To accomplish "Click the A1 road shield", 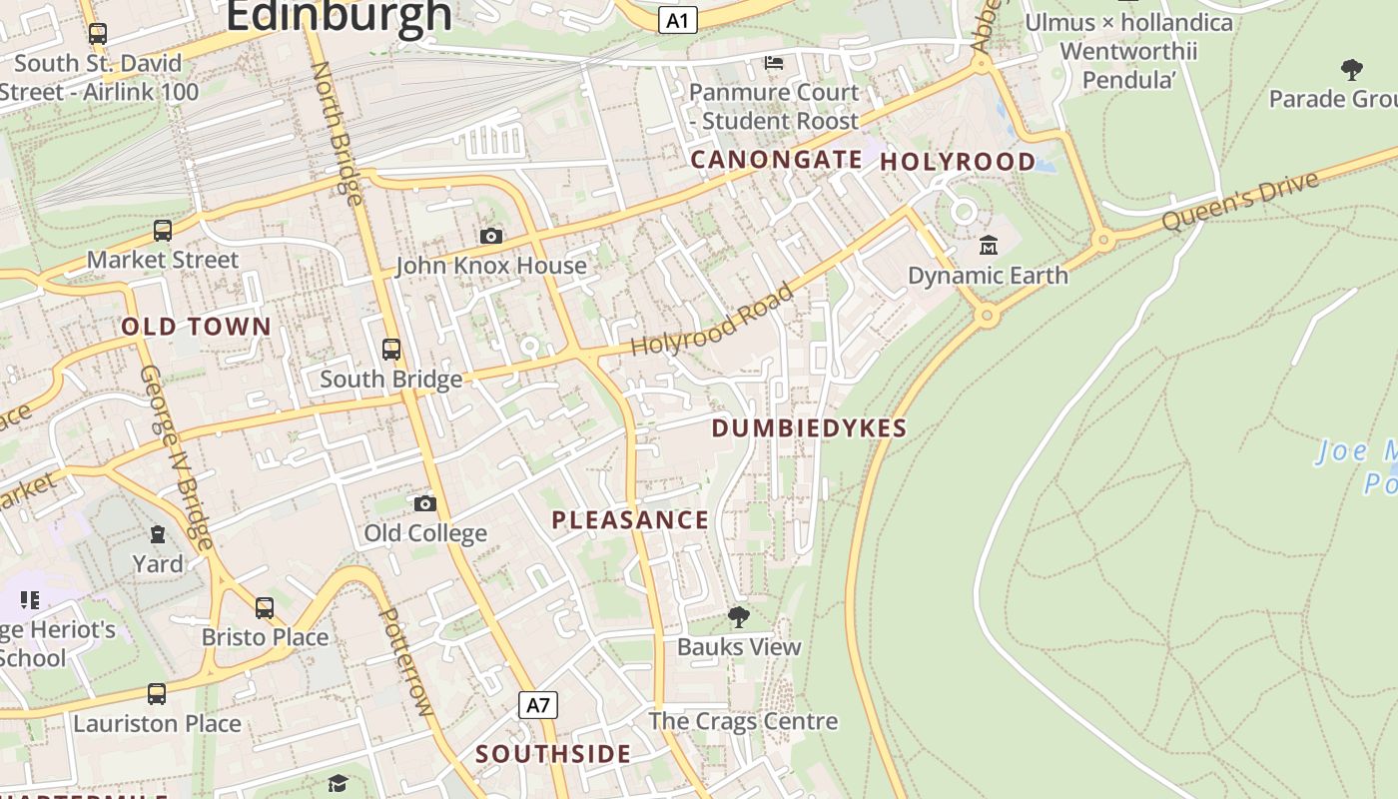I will point(678,20).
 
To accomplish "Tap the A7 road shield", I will point(538,705).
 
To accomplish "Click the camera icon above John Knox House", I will point(490,236).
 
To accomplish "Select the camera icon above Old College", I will point(425,502).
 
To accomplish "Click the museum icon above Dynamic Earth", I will point(988,245).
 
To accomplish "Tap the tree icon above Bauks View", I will point(738,616).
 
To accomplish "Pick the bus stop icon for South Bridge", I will point(391,350).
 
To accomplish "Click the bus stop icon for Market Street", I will point(163,231).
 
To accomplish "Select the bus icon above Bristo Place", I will point(265,607).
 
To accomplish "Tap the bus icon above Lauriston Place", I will point(157,693).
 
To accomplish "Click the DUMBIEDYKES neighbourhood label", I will point(809,428).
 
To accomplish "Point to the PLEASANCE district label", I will point(630,520).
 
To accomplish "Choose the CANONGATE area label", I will point(776,160).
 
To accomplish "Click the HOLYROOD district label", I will point(958,162).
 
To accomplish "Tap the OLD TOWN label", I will point(196,327).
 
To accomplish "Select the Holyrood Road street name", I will point(713,320).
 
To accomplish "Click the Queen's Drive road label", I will point(1242,201).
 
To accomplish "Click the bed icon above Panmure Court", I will point(773,63).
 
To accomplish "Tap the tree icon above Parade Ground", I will point(1352,70).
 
